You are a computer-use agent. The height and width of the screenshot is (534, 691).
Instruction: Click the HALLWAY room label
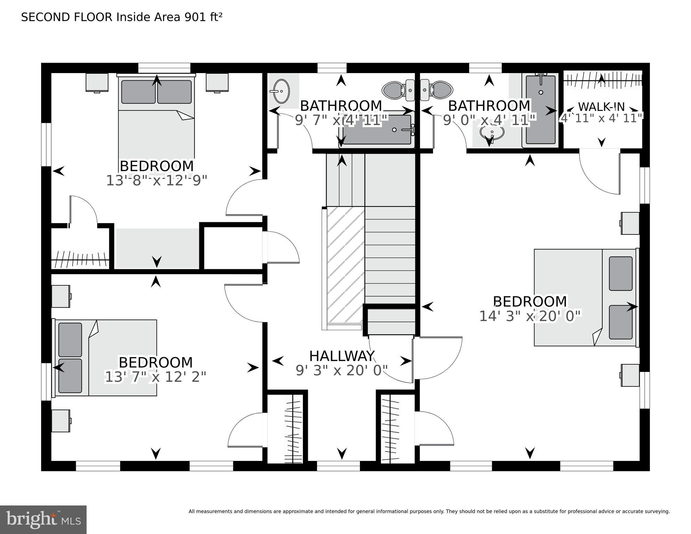[x=342, y=356]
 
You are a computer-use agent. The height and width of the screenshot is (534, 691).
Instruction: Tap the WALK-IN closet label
[x=601, y=106]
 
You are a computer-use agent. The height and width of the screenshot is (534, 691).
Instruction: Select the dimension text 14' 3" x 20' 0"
[x=530, y=316]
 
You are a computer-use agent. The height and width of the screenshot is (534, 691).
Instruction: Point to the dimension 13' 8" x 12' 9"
[x=156, y=181]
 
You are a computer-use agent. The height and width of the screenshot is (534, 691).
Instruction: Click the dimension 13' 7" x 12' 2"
[x=155, y=377]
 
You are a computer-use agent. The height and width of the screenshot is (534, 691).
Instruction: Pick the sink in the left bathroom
[x=281, y=91]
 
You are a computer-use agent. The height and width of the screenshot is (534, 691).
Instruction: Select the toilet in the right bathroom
[x=436, y=90]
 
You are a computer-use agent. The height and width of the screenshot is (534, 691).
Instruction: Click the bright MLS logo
[x=43, y=519]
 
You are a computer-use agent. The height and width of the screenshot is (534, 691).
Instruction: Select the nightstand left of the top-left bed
[x=97, y=82]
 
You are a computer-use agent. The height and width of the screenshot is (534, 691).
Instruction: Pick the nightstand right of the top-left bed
[x=217, y=82]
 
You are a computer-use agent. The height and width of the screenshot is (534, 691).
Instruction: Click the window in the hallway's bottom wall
[x=338, y=466]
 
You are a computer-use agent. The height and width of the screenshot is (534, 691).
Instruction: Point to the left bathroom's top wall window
[x=332, y=68]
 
